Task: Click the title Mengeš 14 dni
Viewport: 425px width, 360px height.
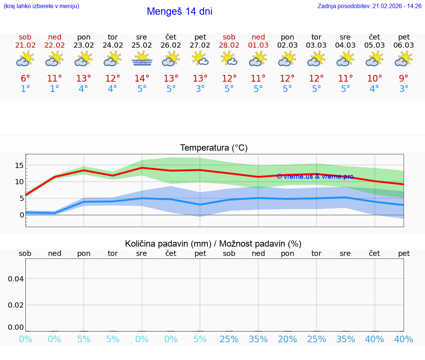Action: [179, 11]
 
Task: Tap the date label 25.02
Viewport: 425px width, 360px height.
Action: [142, 45]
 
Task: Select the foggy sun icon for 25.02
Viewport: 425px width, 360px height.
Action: [142, 59]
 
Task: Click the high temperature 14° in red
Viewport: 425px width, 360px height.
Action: [142, 79]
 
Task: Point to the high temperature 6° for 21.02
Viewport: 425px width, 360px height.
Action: [25, 79]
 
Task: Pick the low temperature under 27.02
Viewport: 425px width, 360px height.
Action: [200, 89]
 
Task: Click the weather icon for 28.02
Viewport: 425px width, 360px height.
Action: [229, 59]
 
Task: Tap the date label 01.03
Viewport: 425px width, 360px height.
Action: [258, 45]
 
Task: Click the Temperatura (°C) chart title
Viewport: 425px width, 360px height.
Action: [214, 148]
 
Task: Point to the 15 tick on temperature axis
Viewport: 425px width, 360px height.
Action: [19, 165]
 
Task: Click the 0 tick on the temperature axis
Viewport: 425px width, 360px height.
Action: [22, 215]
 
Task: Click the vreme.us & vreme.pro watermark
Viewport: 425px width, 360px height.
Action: [315, 176]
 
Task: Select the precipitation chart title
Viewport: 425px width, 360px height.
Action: [213, 244]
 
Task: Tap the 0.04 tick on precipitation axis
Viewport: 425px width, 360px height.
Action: [16, 279]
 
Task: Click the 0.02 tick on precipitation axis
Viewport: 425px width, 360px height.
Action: [16, 305]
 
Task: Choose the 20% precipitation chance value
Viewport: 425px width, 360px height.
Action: [287, 339]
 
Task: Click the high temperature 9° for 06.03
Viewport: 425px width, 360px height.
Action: [404, 79]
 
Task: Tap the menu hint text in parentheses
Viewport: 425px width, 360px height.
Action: [41, 6]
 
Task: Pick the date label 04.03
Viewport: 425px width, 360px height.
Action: [345, 45]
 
